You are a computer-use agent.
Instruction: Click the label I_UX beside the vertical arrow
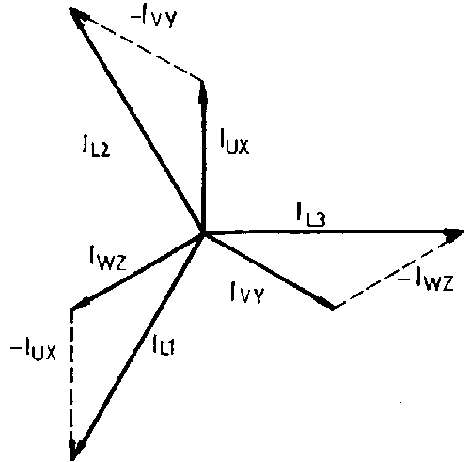pyautogui.click(x=234, y=142)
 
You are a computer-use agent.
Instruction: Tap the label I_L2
pyautogui.click(x=97, y=147)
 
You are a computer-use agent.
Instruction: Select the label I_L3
pyautogui.click(x=311, y=215)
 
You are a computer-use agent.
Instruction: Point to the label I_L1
pyautogui.click(x=164, y=344)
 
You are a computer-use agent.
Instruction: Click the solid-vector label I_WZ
pyautogui.click(x=108, y=257)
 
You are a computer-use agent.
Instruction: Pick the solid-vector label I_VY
pyautogui.click(x=247, y=293)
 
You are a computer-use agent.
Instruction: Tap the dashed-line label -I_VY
pyautogui.click(x=154, y=17)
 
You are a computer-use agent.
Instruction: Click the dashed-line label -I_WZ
pyautogui.click(x=426, y=280)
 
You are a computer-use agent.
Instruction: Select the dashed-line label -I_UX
pyautogui.click(x=33, y=348)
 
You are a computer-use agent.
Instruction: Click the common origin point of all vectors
pyautogui.click(x=203, y=232)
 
